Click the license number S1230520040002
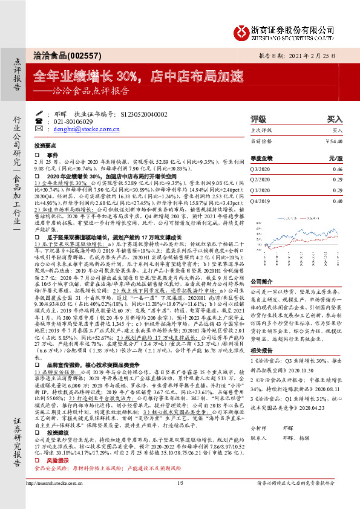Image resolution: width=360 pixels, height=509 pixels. (140, 114)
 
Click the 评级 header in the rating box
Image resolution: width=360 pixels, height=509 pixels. (258, 119)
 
